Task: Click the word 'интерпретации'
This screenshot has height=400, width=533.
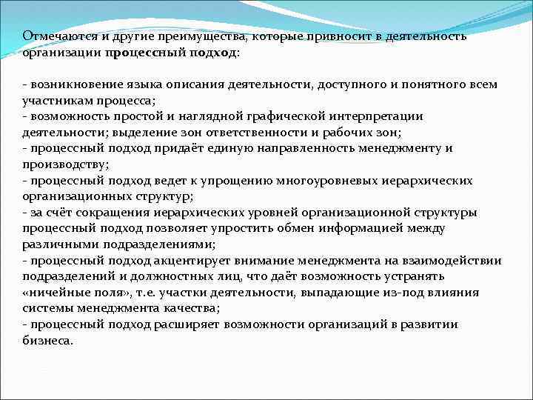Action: tap(373, 116)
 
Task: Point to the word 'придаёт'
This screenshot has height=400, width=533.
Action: tap(188, 149)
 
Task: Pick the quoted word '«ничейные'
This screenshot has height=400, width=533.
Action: tap(54, 293)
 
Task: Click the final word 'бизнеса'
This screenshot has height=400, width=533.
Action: tap(47, 341)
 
